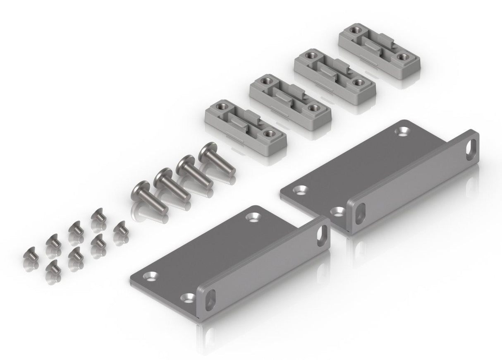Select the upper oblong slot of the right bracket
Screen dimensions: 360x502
[471, 149]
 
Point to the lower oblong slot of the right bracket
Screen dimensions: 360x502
[359, 211]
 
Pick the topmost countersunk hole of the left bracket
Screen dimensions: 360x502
[251, 216]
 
